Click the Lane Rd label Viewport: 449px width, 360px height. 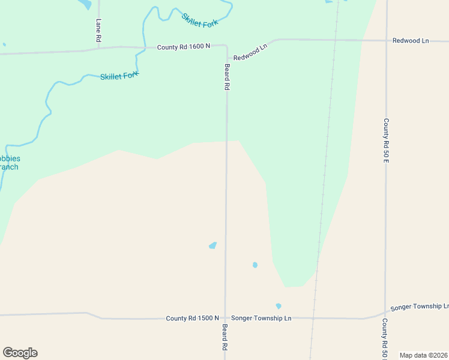tap(98, 30)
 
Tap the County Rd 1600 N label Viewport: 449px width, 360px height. tap(184, 46)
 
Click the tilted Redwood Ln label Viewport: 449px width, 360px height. tap(250, 53)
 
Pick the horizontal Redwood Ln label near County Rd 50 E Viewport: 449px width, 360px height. tap(411, 41)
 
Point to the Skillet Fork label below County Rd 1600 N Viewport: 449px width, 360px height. tap(119, 76)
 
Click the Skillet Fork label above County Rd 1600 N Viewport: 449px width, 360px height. tap(200, 19)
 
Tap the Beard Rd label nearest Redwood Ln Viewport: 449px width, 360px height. tap(227, 77)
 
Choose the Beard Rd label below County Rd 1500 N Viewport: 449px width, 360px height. tap(224, 337)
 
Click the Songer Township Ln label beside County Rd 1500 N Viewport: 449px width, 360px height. tap(261, 318)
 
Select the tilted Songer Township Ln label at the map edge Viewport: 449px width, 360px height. tap(419, 307)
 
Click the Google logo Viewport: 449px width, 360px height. tap(20, 353)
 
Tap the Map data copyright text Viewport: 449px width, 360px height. tap(424, 355)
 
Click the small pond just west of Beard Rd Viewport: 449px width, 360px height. tap(212, 245)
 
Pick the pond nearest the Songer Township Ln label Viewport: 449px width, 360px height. tap(279, 306)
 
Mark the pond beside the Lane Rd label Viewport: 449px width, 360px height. tap(85, 4)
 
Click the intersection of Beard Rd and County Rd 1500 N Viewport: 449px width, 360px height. tap(225, 318)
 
